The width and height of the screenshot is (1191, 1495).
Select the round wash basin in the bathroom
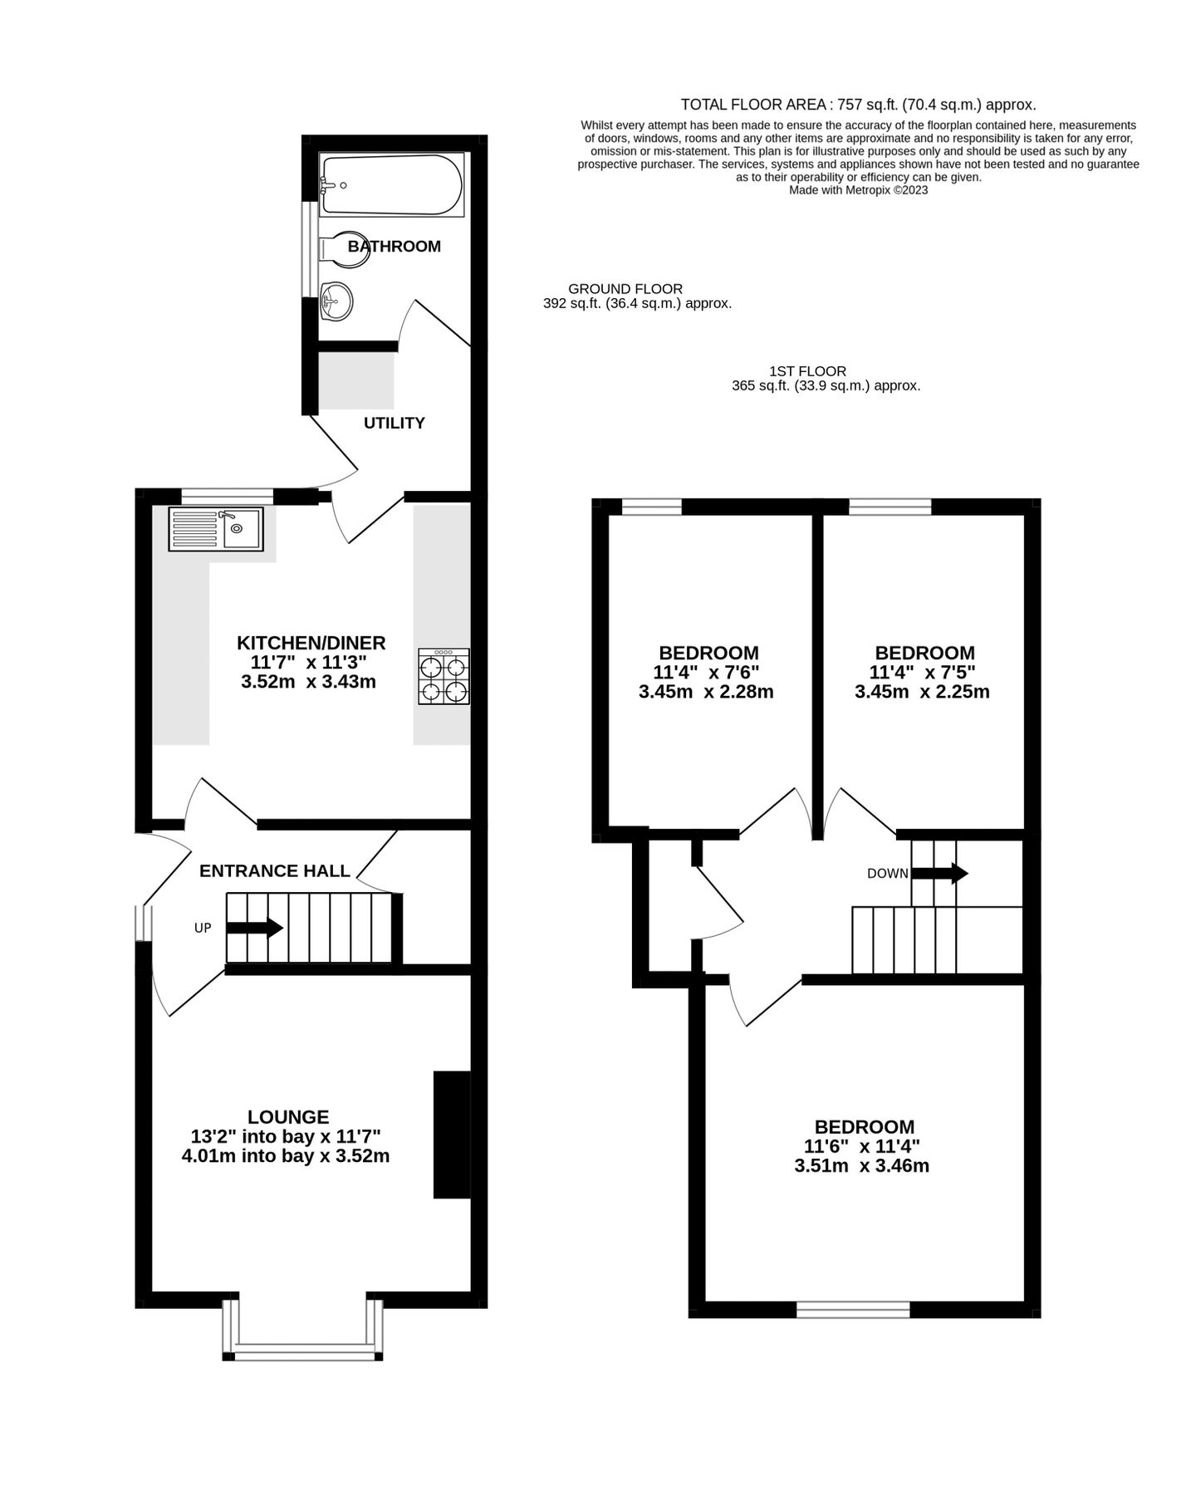(x=336, y=300)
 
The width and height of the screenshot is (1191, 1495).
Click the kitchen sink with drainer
(x=215, y=529)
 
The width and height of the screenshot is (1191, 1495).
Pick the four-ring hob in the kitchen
(x=444, y=677)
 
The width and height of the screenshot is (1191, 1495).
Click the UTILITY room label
(x=394, y=423)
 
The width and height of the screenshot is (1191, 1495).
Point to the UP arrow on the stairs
(x=254, y=928)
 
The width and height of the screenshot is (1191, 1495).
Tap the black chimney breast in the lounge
(x=451, y=1135)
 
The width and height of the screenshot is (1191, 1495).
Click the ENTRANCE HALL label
(x=275, y=870)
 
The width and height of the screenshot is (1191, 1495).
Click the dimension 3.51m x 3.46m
(x=861, y=1165)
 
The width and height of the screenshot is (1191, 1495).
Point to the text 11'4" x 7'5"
(x=922, y=672)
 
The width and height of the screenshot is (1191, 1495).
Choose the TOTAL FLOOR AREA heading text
(x=858, y=105)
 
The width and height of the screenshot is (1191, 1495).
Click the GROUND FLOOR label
(x=625, y=289)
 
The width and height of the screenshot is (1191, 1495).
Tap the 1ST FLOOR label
(x=807, y=371)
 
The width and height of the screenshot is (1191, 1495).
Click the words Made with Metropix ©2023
(x=858, y=190)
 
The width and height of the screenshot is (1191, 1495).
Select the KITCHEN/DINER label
(x=311, y=643)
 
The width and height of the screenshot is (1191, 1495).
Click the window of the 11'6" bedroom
(x=853, y=1310)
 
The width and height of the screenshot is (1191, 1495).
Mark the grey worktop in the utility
(x=356, y=380)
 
